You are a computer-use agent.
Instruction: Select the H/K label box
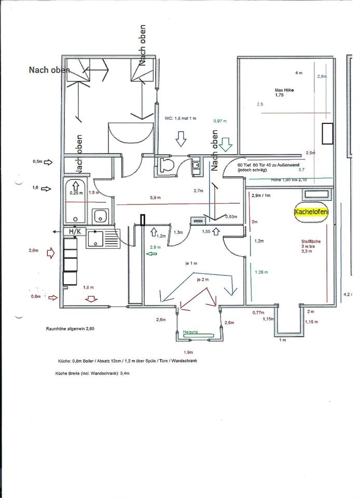71,231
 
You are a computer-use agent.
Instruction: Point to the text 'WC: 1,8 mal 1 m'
181,118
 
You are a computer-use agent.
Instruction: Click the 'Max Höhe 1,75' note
284,92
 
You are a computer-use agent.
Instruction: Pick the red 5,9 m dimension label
156,197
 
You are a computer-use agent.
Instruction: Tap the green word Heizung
190,331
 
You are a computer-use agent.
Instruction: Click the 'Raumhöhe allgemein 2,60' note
70,328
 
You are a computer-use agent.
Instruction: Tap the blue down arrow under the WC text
181,139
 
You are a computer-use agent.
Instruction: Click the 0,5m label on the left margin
38,162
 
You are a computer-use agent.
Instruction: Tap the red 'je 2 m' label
202,279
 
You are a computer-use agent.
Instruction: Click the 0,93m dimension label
231,216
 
